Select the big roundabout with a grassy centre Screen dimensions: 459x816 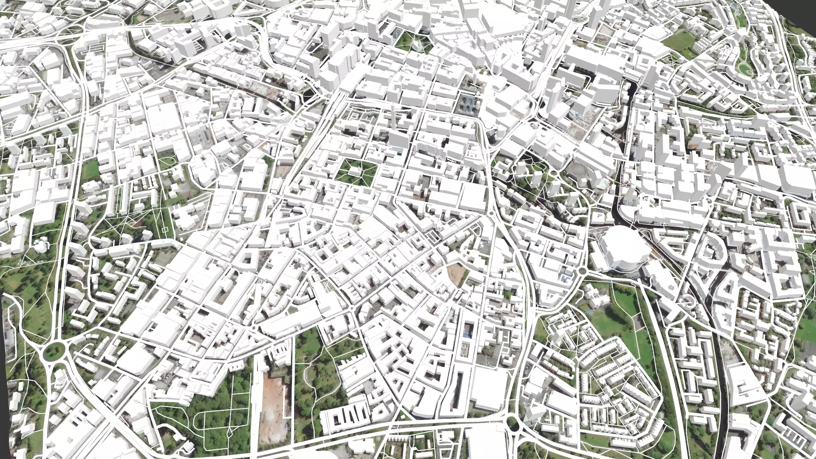click(54, 351)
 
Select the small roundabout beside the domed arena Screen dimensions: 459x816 click(582, 271)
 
